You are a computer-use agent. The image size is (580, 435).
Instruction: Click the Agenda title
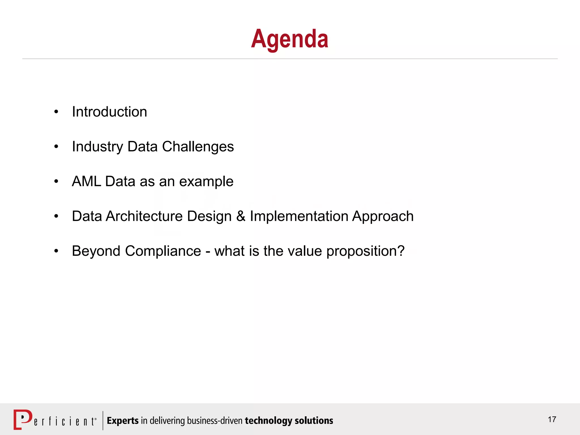click(289, 39)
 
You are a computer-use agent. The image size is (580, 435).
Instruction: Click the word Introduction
click(109, 112)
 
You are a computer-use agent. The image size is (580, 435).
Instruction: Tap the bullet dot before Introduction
click(56, 112)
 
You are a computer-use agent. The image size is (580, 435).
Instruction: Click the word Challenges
click(198, 147)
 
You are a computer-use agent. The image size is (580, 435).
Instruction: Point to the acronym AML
click(86, 181)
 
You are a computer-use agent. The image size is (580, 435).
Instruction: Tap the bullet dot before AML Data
click(56, 182)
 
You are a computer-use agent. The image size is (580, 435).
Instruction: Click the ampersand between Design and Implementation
click(241, 216)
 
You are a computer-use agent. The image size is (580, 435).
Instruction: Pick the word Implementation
click(299, 216)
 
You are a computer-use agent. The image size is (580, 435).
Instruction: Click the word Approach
click(383, 216)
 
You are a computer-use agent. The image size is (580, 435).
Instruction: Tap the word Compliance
click(163, 251)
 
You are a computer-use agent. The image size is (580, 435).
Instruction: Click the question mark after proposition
click(401, 251)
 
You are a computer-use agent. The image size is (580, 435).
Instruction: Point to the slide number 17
click(552, 419)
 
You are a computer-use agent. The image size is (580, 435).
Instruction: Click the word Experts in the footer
click(123, 421)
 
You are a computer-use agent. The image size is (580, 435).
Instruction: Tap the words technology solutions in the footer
click(289, 421)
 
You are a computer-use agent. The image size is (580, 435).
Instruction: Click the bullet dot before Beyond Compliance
click(56, 251)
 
